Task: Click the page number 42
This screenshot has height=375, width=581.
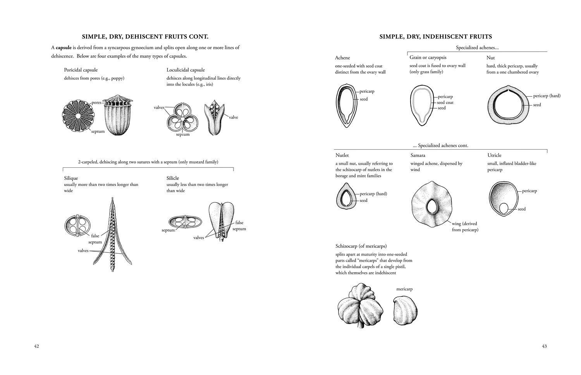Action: (36, 346)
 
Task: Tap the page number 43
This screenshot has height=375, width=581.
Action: (544, 346)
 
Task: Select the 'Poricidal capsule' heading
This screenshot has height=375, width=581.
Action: (81, 70)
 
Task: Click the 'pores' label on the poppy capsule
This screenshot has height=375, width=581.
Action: (96, 103)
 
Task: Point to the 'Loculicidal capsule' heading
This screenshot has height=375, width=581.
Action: (186, 70)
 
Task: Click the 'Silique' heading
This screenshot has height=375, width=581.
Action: (71, 178)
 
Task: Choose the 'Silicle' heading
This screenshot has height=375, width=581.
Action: (173, 178)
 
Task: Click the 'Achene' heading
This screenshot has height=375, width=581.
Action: (342, 58)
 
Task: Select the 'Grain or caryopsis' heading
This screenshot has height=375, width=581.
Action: (428, 58)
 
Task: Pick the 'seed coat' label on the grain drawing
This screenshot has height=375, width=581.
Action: (445, 102)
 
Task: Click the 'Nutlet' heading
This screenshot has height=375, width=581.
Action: (342, 155)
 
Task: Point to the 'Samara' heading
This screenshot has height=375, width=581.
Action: (418, 155)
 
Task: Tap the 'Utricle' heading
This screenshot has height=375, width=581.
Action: (494, 155)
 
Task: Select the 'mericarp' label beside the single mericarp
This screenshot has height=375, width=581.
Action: (404, 289)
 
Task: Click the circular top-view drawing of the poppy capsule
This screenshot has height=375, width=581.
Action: (78, 116)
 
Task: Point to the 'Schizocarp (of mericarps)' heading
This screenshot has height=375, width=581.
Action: (361, 246)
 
